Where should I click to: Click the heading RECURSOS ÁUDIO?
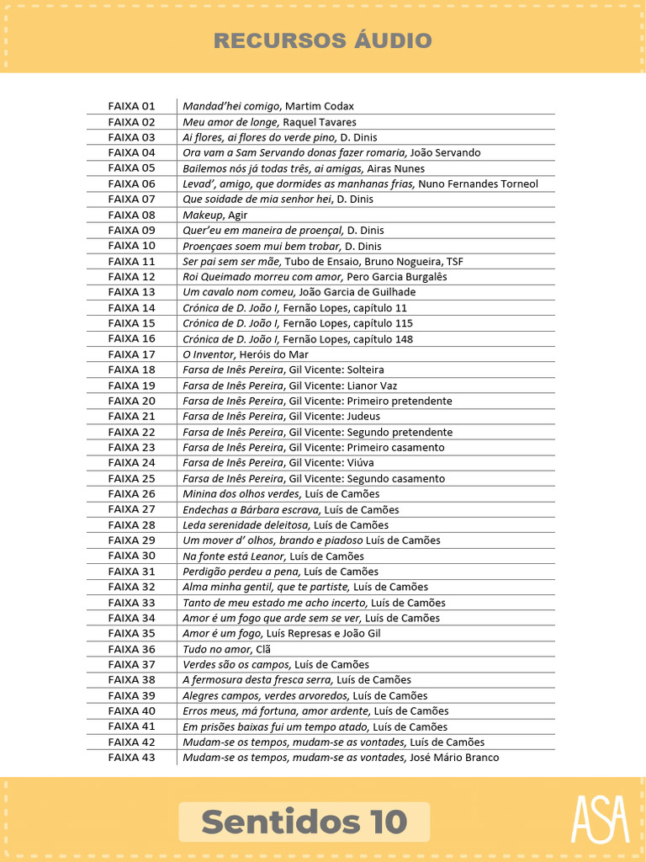tap(322, 40)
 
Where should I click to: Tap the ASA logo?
tap(600, 818)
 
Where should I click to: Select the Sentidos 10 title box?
tap(304, 822)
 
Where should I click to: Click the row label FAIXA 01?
tap(132, 106)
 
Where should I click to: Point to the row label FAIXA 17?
tap(132, 354)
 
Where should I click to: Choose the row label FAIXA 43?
tap(132, 758)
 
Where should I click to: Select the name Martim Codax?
tap(320, 106)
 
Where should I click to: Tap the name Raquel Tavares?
tap(319, 122)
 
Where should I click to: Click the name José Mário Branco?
tap(453, 758)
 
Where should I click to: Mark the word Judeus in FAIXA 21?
tap(363, 416)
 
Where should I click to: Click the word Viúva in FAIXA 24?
tap(361, 463)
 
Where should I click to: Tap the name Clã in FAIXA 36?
tap(264, 649)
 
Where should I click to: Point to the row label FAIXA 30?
tap(132, 556)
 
